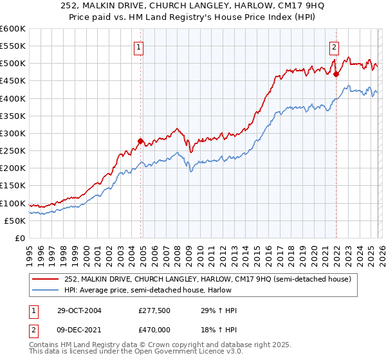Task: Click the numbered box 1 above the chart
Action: click(138, 46)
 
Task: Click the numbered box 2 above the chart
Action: click(335, 46)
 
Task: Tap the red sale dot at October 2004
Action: click(141, 141)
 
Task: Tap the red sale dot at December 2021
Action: click(336, 74)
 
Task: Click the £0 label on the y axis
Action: click(20, 238)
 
